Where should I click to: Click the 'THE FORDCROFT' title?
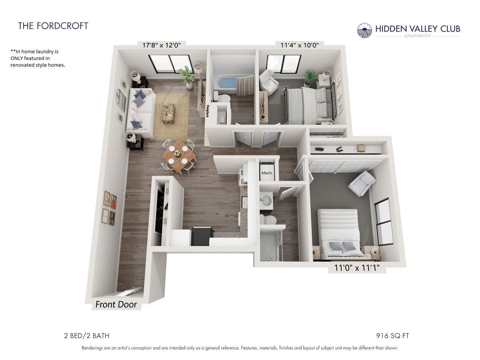point(53,26)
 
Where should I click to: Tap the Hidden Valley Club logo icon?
point(364,30)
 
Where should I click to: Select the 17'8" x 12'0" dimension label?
point(162,45)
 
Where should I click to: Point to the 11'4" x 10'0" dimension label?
point(300,45)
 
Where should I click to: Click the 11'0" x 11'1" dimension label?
point(357,268)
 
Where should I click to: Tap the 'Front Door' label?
point(116,304)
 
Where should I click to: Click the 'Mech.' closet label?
point(267,173)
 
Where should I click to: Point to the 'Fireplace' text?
point(207,111)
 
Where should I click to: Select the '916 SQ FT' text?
point(393,336)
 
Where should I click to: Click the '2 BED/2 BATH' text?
point(87,336)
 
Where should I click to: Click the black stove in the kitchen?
point(201,236)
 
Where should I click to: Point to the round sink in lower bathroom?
point(267,201)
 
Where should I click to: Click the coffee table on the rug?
point(169,112)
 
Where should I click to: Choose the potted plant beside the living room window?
point(186,75)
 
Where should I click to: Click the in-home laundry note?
point(37,58)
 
